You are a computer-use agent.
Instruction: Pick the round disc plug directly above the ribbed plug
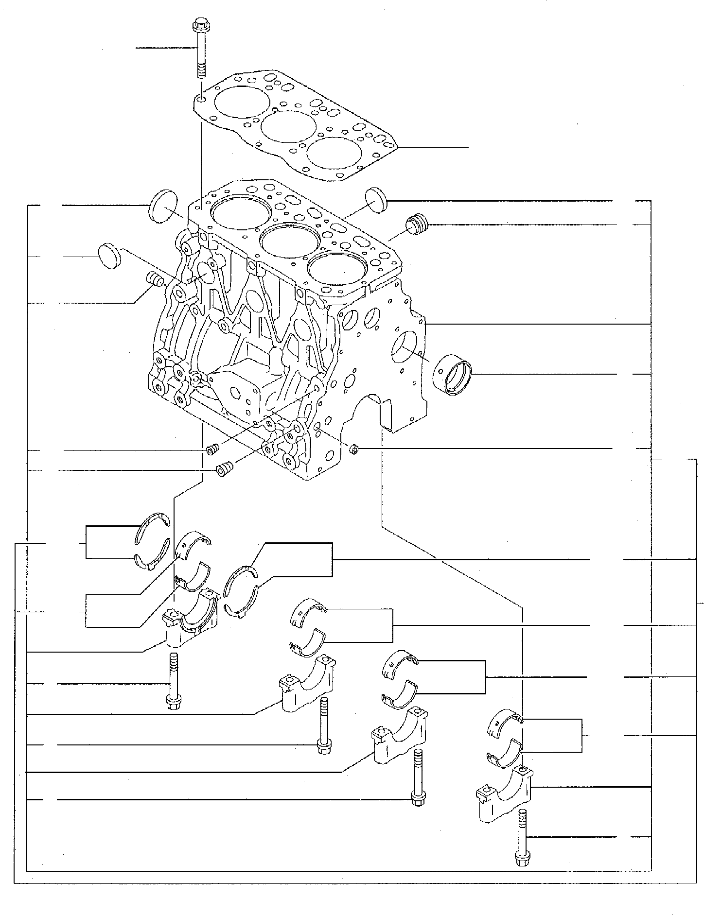[375, 199]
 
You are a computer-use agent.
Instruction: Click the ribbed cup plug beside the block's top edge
[417, 224]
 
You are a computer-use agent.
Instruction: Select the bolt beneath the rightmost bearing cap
[522, 846]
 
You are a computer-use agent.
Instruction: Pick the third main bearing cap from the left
[399, 743]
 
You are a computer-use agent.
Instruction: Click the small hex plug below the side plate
[355, 449]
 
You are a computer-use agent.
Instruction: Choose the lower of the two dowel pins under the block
[224, 470]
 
